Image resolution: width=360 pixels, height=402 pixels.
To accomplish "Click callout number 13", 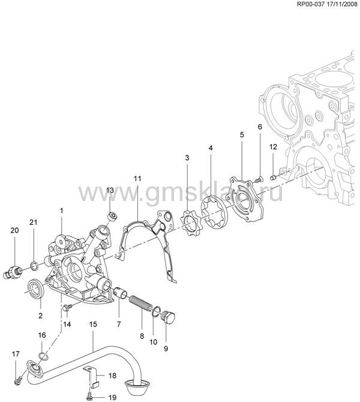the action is point(110,190).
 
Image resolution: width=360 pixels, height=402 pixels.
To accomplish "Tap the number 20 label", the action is point(14,230).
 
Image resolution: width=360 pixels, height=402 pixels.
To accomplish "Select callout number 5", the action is point(242,134).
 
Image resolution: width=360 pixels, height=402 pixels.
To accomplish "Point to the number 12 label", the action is point(273,147).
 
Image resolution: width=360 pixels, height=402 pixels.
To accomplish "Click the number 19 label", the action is point(112,398).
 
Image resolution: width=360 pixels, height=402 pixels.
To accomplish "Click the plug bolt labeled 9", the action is point(168,317).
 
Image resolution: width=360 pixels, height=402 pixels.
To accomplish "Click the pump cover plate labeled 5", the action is point(247,199).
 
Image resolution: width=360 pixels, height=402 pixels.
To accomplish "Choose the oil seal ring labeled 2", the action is point(36,289).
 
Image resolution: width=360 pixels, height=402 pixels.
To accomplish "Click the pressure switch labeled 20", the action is point(13,272).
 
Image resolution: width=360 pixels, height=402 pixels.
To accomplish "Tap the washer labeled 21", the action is point(34,266).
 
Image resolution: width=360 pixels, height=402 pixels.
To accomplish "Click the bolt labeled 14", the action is point(67,307).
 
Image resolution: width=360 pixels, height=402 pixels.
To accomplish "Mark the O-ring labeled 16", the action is point(43,356).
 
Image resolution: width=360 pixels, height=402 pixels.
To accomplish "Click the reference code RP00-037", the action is point(311,4).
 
